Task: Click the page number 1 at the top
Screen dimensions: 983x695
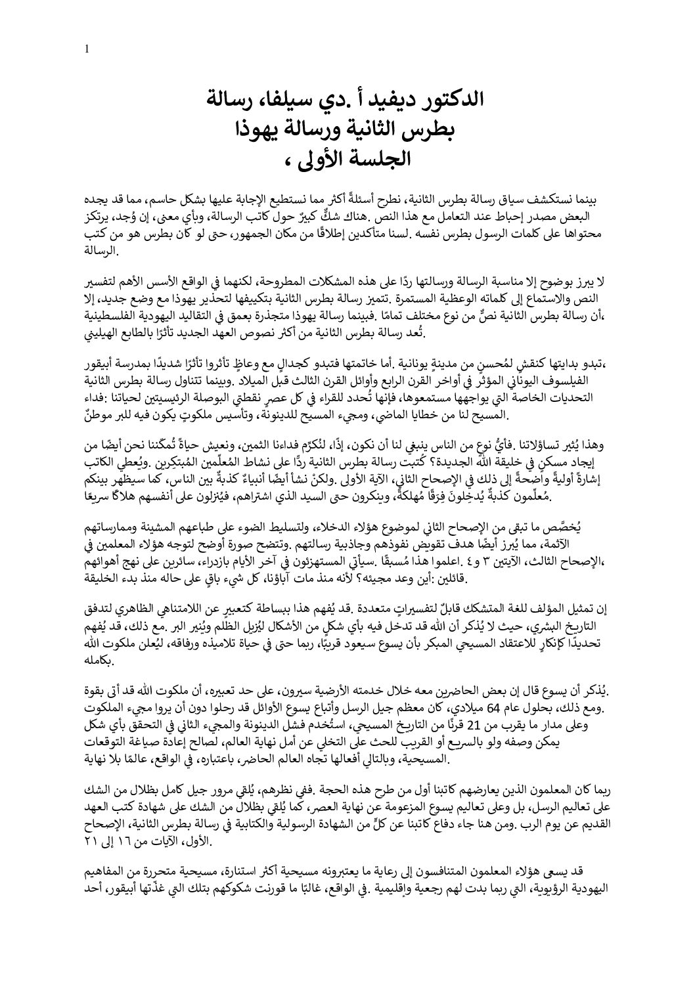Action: point(87,48)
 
